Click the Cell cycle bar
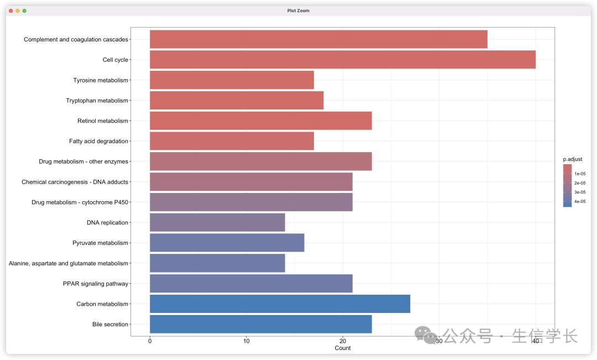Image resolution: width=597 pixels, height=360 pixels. coord(343,60)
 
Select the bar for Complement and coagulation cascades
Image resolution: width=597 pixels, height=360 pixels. coord(318,39)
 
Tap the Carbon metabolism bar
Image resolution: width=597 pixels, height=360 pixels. coord(280,304)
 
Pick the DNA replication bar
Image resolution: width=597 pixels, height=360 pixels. coord(217,222)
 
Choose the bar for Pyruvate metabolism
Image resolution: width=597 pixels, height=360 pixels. coord(227,243)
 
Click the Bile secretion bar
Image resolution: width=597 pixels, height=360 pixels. coord(260,324)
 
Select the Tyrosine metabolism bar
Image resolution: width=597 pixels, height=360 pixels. coord(232,80)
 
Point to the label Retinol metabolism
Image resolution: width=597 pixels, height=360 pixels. coord(103,121)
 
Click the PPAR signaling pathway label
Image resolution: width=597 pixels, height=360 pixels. coord(96,284)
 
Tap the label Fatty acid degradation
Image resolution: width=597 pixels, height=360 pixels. coord(98,141)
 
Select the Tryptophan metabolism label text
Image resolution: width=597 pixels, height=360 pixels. coord(97,101)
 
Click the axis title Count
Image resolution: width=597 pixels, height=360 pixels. coord(343,348)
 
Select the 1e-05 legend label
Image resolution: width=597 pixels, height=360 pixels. coord(580,174)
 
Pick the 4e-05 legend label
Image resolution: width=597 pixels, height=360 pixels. coord(580,202)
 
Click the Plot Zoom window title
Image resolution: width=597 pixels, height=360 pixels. coord(298,11)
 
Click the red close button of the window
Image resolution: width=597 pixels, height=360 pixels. coord(11,11)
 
